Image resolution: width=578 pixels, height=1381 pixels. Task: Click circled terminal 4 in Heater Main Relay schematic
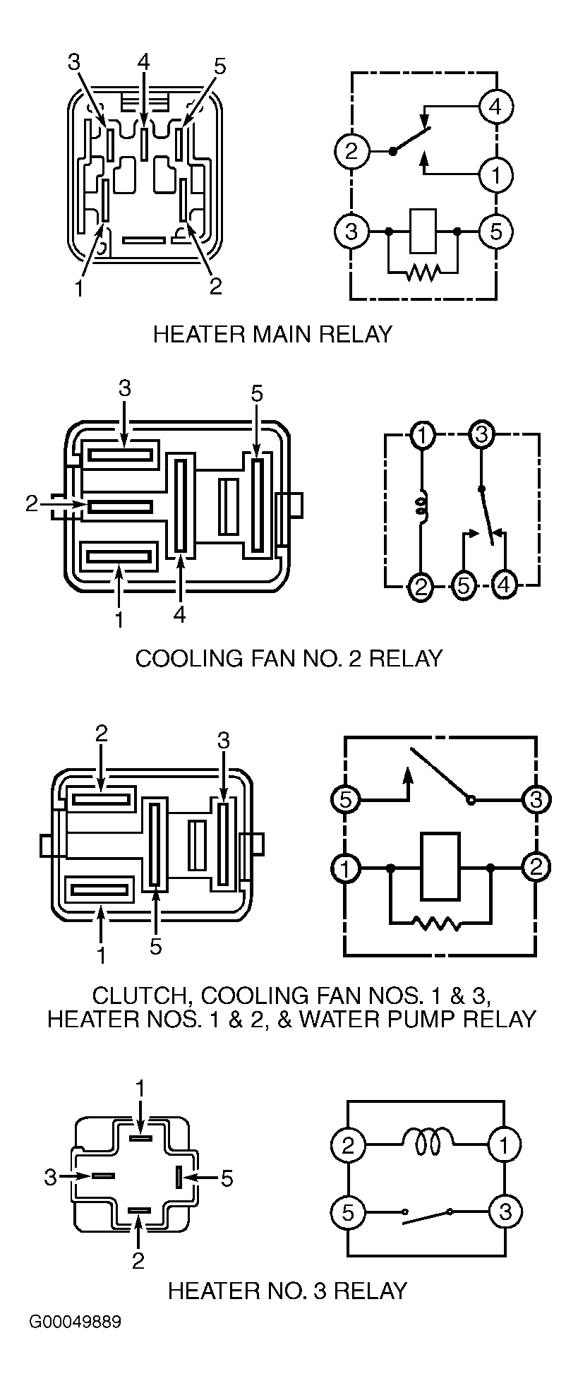496,107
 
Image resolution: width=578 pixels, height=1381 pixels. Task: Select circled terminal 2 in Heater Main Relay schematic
352,151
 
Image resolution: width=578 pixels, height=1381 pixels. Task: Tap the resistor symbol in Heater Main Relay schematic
423,272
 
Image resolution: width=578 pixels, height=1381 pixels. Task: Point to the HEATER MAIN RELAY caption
272,334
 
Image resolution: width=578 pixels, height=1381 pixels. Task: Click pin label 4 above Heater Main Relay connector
144,61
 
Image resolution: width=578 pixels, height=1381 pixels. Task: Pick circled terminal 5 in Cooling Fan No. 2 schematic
464,585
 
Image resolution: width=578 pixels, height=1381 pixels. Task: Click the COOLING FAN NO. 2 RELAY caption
289,658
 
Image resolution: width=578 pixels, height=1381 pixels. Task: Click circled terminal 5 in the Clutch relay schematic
345,800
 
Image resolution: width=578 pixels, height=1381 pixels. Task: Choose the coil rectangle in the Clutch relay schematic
440,866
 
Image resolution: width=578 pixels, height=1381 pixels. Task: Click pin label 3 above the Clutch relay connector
223,741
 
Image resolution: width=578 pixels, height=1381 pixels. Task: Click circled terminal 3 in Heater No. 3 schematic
505,1212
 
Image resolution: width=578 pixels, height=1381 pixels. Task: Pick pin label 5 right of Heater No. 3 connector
227,1178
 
